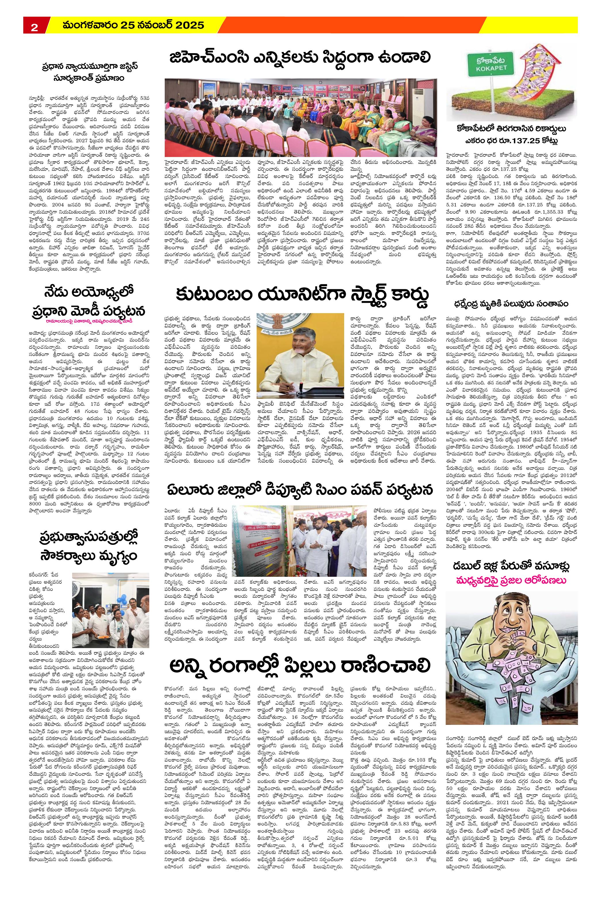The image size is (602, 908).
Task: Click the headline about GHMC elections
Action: (300, 58)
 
